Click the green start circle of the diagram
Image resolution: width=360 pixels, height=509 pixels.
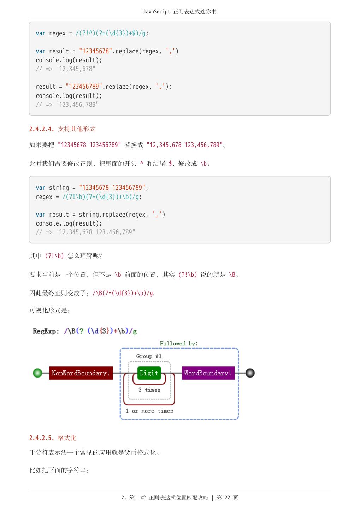coord(37,373)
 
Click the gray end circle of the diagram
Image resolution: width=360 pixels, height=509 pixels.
coord(250,373)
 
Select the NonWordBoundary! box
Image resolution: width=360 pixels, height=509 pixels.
coord(81,373)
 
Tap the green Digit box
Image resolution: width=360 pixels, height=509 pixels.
coord(149,373)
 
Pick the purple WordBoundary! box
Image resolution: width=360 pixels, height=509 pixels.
coord(208,373)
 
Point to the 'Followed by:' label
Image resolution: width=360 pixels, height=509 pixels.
coord(178,343)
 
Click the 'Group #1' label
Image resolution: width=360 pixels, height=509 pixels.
coord(149,356)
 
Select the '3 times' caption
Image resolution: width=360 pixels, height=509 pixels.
coord(149,390)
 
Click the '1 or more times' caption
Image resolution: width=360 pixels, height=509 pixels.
coord(149,411)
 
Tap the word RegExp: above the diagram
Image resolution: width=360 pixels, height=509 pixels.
coord(46,331)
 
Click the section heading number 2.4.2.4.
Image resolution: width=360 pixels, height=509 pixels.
coord(42,129)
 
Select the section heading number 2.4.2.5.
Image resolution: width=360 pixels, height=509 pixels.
coord(42,438)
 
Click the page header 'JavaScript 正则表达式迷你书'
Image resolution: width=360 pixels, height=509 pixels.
coord(179,12)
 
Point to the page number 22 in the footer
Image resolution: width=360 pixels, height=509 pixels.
coord(227,498)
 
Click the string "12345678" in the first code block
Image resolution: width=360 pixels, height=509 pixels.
coord(95,51)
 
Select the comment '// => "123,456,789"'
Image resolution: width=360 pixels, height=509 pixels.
coord(67,104)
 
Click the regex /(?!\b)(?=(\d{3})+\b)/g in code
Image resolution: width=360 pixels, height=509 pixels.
coord(102,197)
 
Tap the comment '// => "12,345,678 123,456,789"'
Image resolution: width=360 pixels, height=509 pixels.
coord(85,232)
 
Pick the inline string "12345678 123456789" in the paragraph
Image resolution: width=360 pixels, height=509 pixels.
coord(89,145)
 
